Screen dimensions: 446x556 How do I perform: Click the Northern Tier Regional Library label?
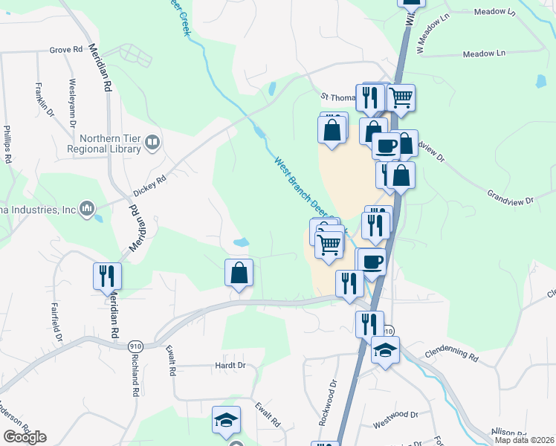click(x=109, y=141)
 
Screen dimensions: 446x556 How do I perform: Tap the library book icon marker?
click(x=152, y=141)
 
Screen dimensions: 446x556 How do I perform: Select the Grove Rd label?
click(x=66, y=50)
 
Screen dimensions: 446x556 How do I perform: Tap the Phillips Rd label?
click(x=7, y=143)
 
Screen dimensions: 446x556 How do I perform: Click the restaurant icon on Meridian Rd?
click(x=107, y=276)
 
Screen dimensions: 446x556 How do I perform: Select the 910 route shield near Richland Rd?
click(x=135, y=346)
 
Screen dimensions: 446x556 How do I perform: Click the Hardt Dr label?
click(x=230, y=366)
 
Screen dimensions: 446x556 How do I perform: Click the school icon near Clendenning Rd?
click(x=385, y=349)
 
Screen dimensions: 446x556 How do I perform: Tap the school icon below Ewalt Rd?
click(x=226, y=420)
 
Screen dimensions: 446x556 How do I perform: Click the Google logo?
click(x=25, y=437)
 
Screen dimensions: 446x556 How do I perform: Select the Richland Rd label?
click(x=135, y=376)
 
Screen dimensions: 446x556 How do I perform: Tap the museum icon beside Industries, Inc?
click(x=87, y=207)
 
